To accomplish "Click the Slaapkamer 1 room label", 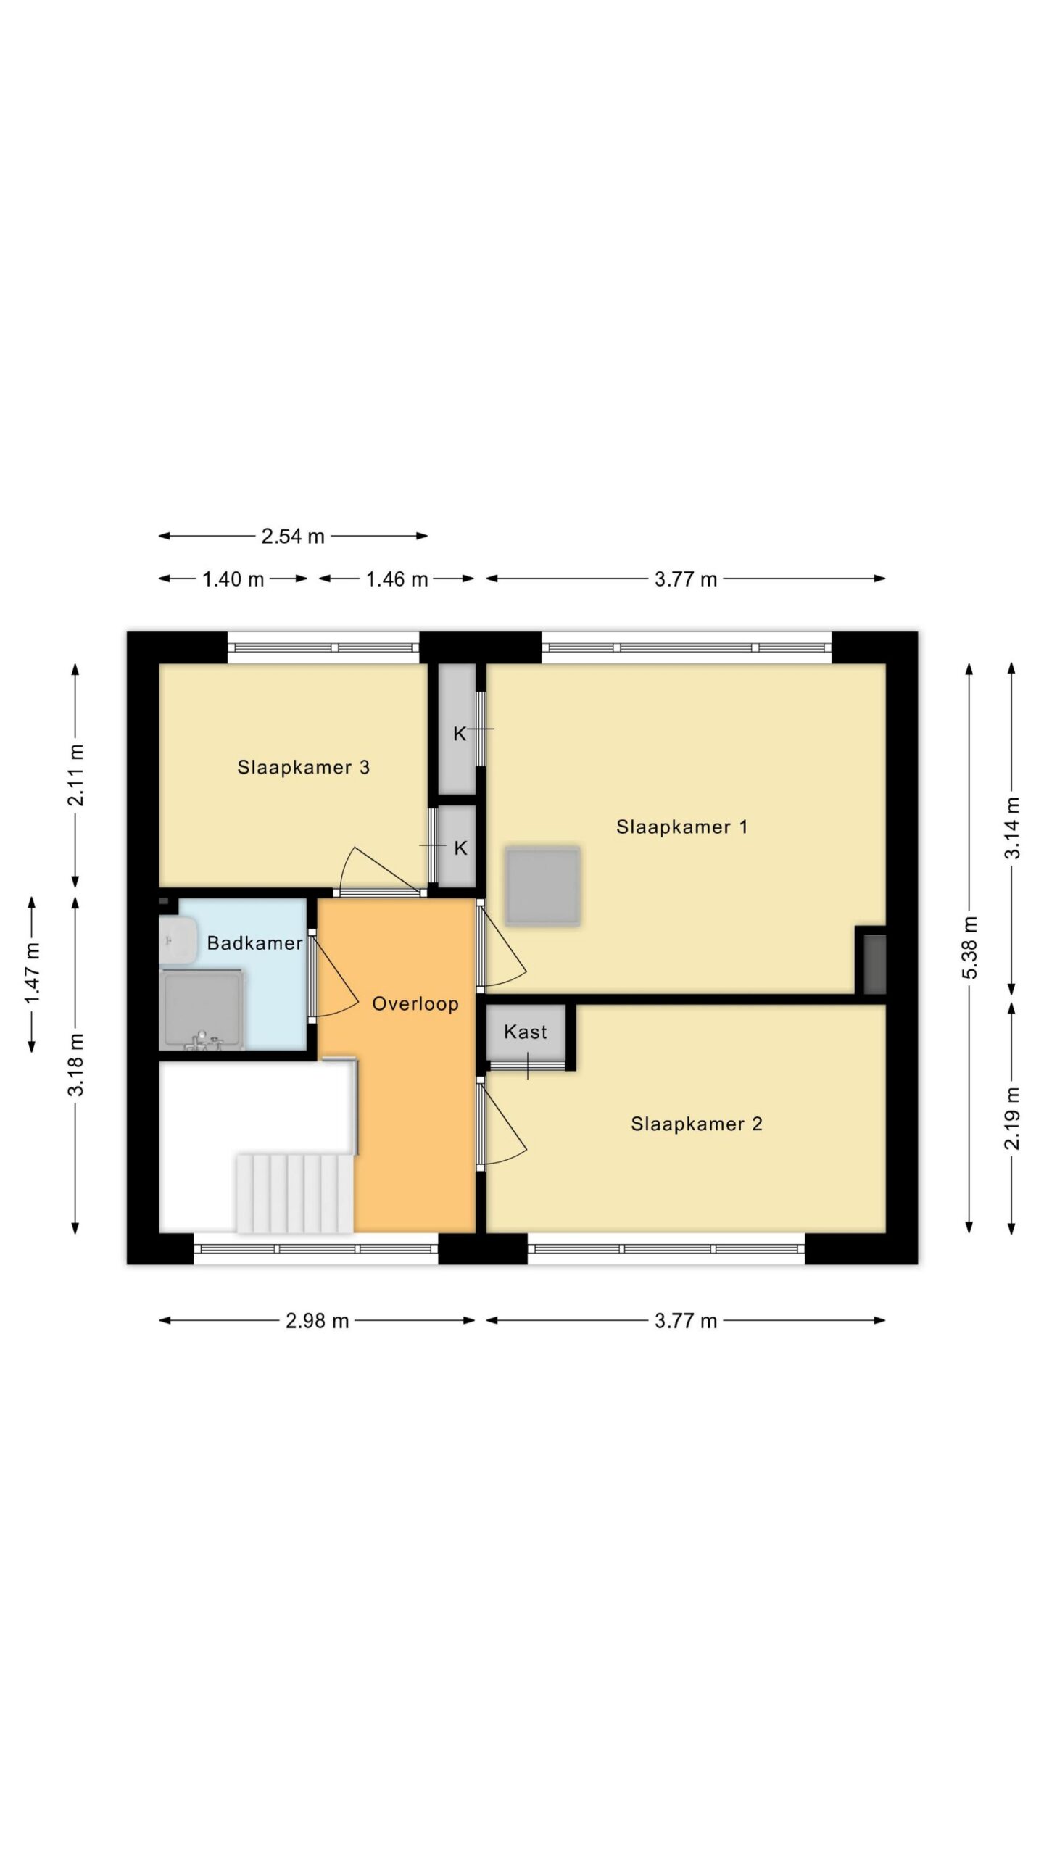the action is (681, 826).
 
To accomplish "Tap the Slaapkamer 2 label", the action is (696, 1124).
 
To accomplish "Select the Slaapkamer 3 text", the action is (303, 767).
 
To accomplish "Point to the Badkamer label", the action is (254, 943).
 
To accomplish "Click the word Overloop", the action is (415, 1004).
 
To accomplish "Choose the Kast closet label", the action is (526, 1032).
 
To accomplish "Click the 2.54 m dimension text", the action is (293, 536).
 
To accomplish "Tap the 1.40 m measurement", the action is (233, 579).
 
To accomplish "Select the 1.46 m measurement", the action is (397, 579).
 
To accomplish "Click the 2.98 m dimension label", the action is (317, 1321).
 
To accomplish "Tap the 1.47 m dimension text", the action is (33, 974).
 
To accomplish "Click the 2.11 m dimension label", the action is (76, 774).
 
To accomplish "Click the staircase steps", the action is (294, 1194).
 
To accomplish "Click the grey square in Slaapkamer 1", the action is (543, 885).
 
